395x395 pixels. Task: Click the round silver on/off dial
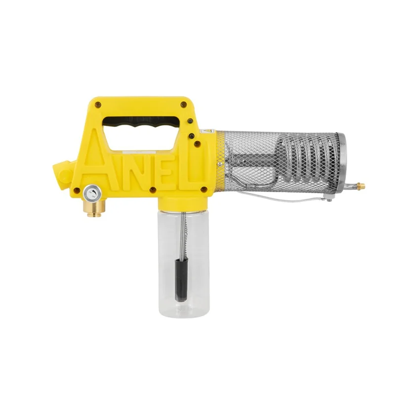click(x=92, y=194)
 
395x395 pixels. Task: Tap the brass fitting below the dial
click(x=94, y=208)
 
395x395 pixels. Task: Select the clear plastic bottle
click(x=184, y=262)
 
